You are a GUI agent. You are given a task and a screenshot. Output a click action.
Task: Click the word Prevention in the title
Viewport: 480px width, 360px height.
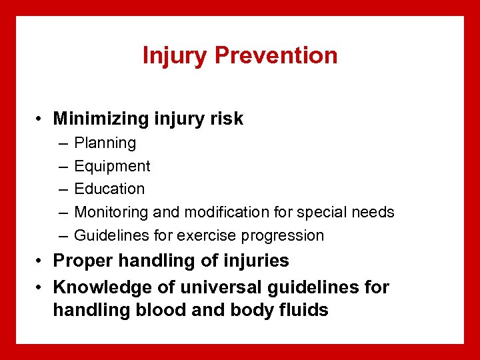click(x=276, y=55)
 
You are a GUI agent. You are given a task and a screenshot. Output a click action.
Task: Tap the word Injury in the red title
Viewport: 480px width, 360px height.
click(x=175, y=56)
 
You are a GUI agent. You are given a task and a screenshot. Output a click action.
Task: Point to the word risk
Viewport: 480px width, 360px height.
click(x=227, y=119)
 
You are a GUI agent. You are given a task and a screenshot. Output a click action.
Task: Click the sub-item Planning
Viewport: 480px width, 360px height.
click(x=105, y=143)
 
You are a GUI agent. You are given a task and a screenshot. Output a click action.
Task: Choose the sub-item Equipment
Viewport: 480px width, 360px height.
click(x=112, y=167)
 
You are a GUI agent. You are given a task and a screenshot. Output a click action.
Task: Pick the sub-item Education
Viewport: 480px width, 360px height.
click(x=109, y=189)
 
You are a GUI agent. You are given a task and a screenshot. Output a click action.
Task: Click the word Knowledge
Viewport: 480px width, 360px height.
click(x=95, y=287)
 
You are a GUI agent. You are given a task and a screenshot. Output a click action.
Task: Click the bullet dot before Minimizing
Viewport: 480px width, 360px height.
click(x=41, y=120)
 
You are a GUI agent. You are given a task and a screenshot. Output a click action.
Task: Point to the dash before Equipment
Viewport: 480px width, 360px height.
click(x=62, y=167)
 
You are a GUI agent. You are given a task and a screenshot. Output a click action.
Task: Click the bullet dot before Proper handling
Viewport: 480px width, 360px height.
click(x=41, y=261)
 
